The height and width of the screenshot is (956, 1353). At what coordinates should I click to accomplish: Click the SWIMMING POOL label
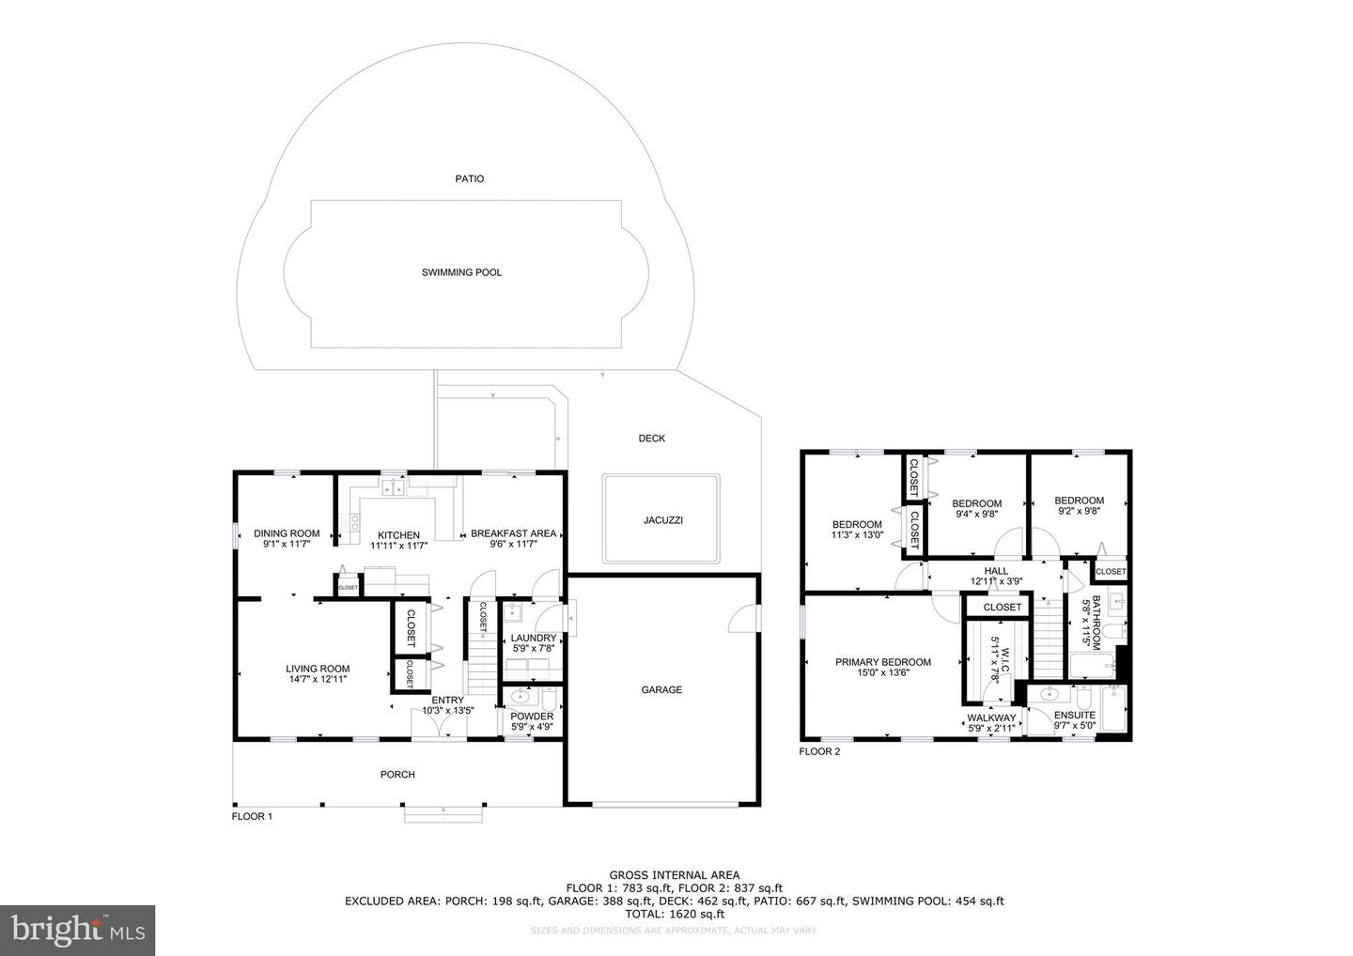(x=461, y=272)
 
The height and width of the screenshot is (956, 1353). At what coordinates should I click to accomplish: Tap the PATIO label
(x=470, y=178)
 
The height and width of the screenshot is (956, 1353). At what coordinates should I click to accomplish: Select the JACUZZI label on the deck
(x=662, y=520)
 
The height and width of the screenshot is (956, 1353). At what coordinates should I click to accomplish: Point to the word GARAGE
(x=661, y=689)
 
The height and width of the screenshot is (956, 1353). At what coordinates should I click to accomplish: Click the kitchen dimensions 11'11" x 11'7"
(x=398, y=546)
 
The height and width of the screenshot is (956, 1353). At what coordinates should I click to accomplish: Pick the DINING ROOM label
(x=287, y=533)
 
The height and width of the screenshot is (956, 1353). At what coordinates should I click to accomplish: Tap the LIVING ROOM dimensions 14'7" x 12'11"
(x=317, y=679)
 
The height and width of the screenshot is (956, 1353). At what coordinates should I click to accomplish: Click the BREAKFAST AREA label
(x=513, y=533)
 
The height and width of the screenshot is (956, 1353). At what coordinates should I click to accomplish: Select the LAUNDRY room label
(x=534, y=639)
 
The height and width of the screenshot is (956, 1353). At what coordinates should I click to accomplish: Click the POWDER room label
(x=532, y=717)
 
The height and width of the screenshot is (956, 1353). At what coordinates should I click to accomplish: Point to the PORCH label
(x=397, y=775)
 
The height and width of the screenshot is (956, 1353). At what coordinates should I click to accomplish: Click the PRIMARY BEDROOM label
(x=883, y=662)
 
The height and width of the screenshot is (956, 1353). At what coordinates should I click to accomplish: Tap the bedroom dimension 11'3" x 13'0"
(x=857, y=535)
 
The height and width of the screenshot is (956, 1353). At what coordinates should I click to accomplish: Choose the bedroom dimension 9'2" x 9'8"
(x=1079, y=512)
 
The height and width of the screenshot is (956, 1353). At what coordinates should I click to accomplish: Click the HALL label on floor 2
(x=996, y=571)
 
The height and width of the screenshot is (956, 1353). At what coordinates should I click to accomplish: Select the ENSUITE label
(x=1074, y=715)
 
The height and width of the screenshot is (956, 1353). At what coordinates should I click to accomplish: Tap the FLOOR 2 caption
(x=819, y=751)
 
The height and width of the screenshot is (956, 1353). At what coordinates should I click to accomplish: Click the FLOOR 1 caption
(x=252, y=817)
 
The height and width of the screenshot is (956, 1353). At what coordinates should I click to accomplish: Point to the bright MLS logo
(x=77, y=931)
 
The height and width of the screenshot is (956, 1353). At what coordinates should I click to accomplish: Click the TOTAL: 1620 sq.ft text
(x=676, y=913)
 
